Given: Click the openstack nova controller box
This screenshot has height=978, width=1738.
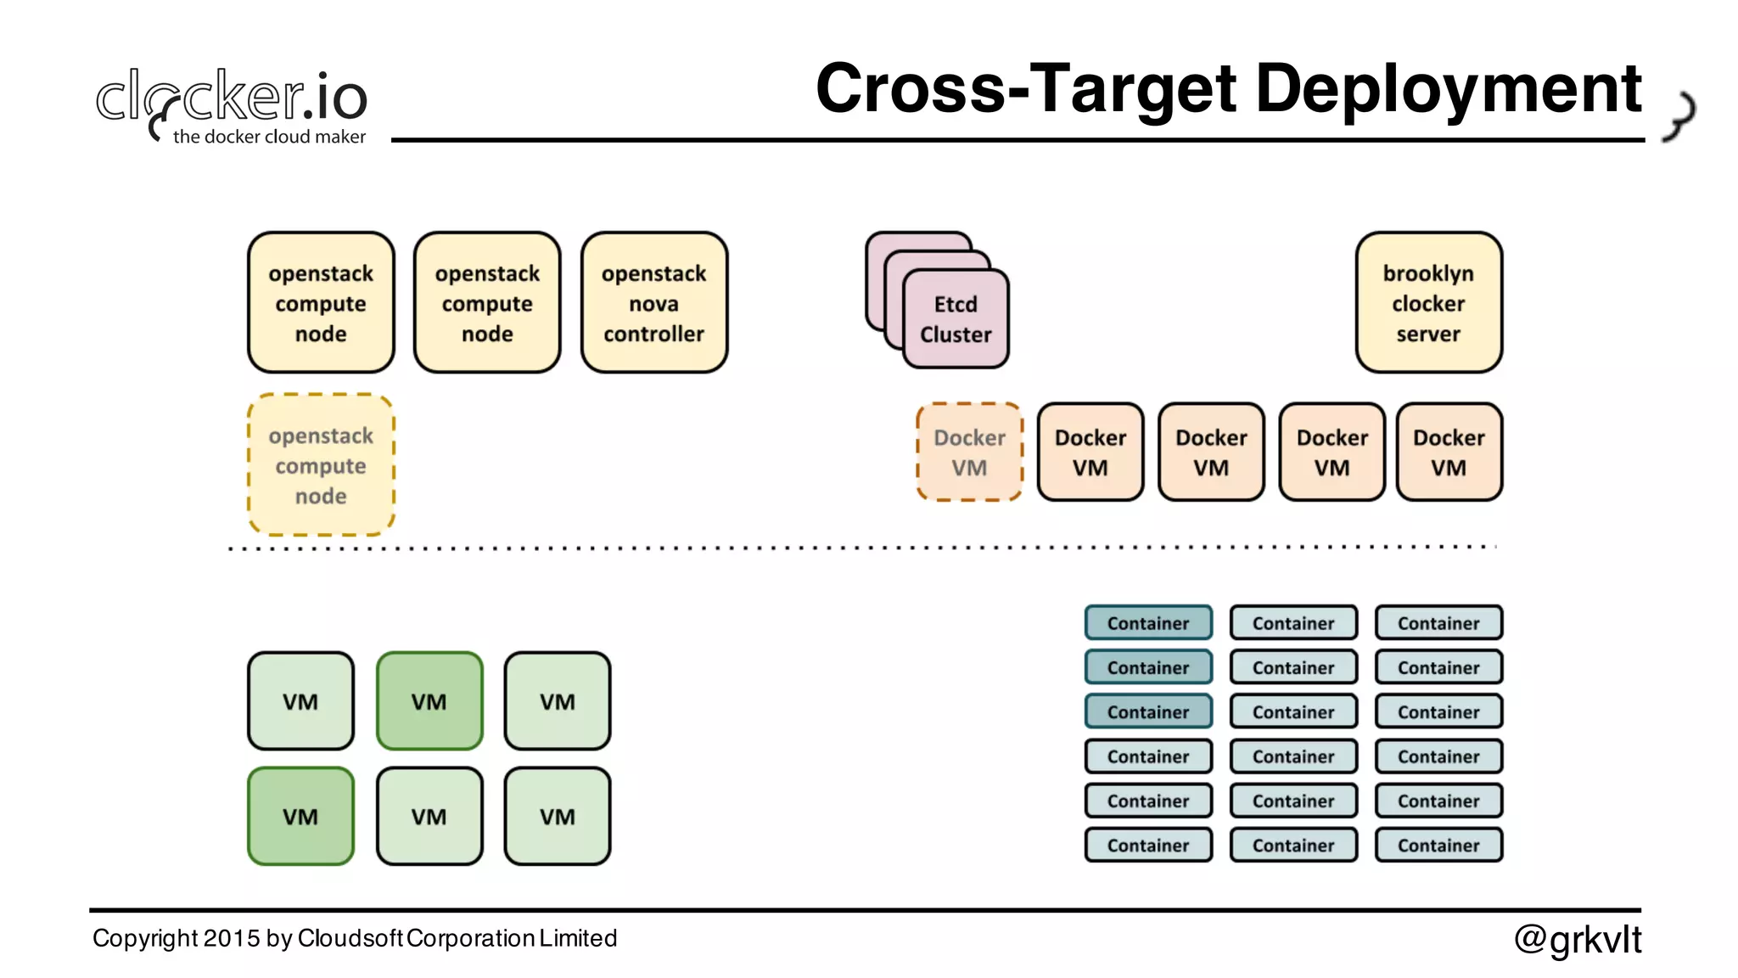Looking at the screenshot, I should click(653, 303).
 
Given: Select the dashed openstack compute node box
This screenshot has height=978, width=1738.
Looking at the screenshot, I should click(321, 465).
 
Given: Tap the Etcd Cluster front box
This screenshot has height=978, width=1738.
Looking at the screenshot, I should click(956, 320).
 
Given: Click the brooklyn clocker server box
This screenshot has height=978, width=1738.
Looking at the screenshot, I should click(1428, 303).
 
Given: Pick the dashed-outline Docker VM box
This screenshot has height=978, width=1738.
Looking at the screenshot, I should click(969, 452).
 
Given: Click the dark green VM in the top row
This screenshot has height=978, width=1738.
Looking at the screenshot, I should click(429, 701).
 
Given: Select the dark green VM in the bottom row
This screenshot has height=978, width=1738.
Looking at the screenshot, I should click(300, 817).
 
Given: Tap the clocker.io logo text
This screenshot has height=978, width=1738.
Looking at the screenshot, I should click(232, 95).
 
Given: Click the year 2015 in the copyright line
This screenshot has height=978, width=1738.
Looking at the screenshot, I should click(232, 938).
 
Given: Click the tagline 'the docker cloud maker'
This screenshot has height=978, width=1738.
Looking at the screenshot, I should click(269, 137).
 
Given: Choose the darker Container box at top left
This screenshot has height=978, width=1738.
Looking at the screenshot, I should click(1148, 623).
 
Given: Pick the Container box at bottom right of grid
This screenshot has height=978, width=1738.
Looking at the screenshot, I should click(1438, 846).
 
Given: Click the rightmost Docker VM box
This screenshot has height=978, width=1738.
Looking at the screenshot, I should click(1449, 452).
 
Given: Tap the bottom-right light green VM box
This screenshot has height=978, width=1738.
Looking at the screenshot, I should click(558, 817).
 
